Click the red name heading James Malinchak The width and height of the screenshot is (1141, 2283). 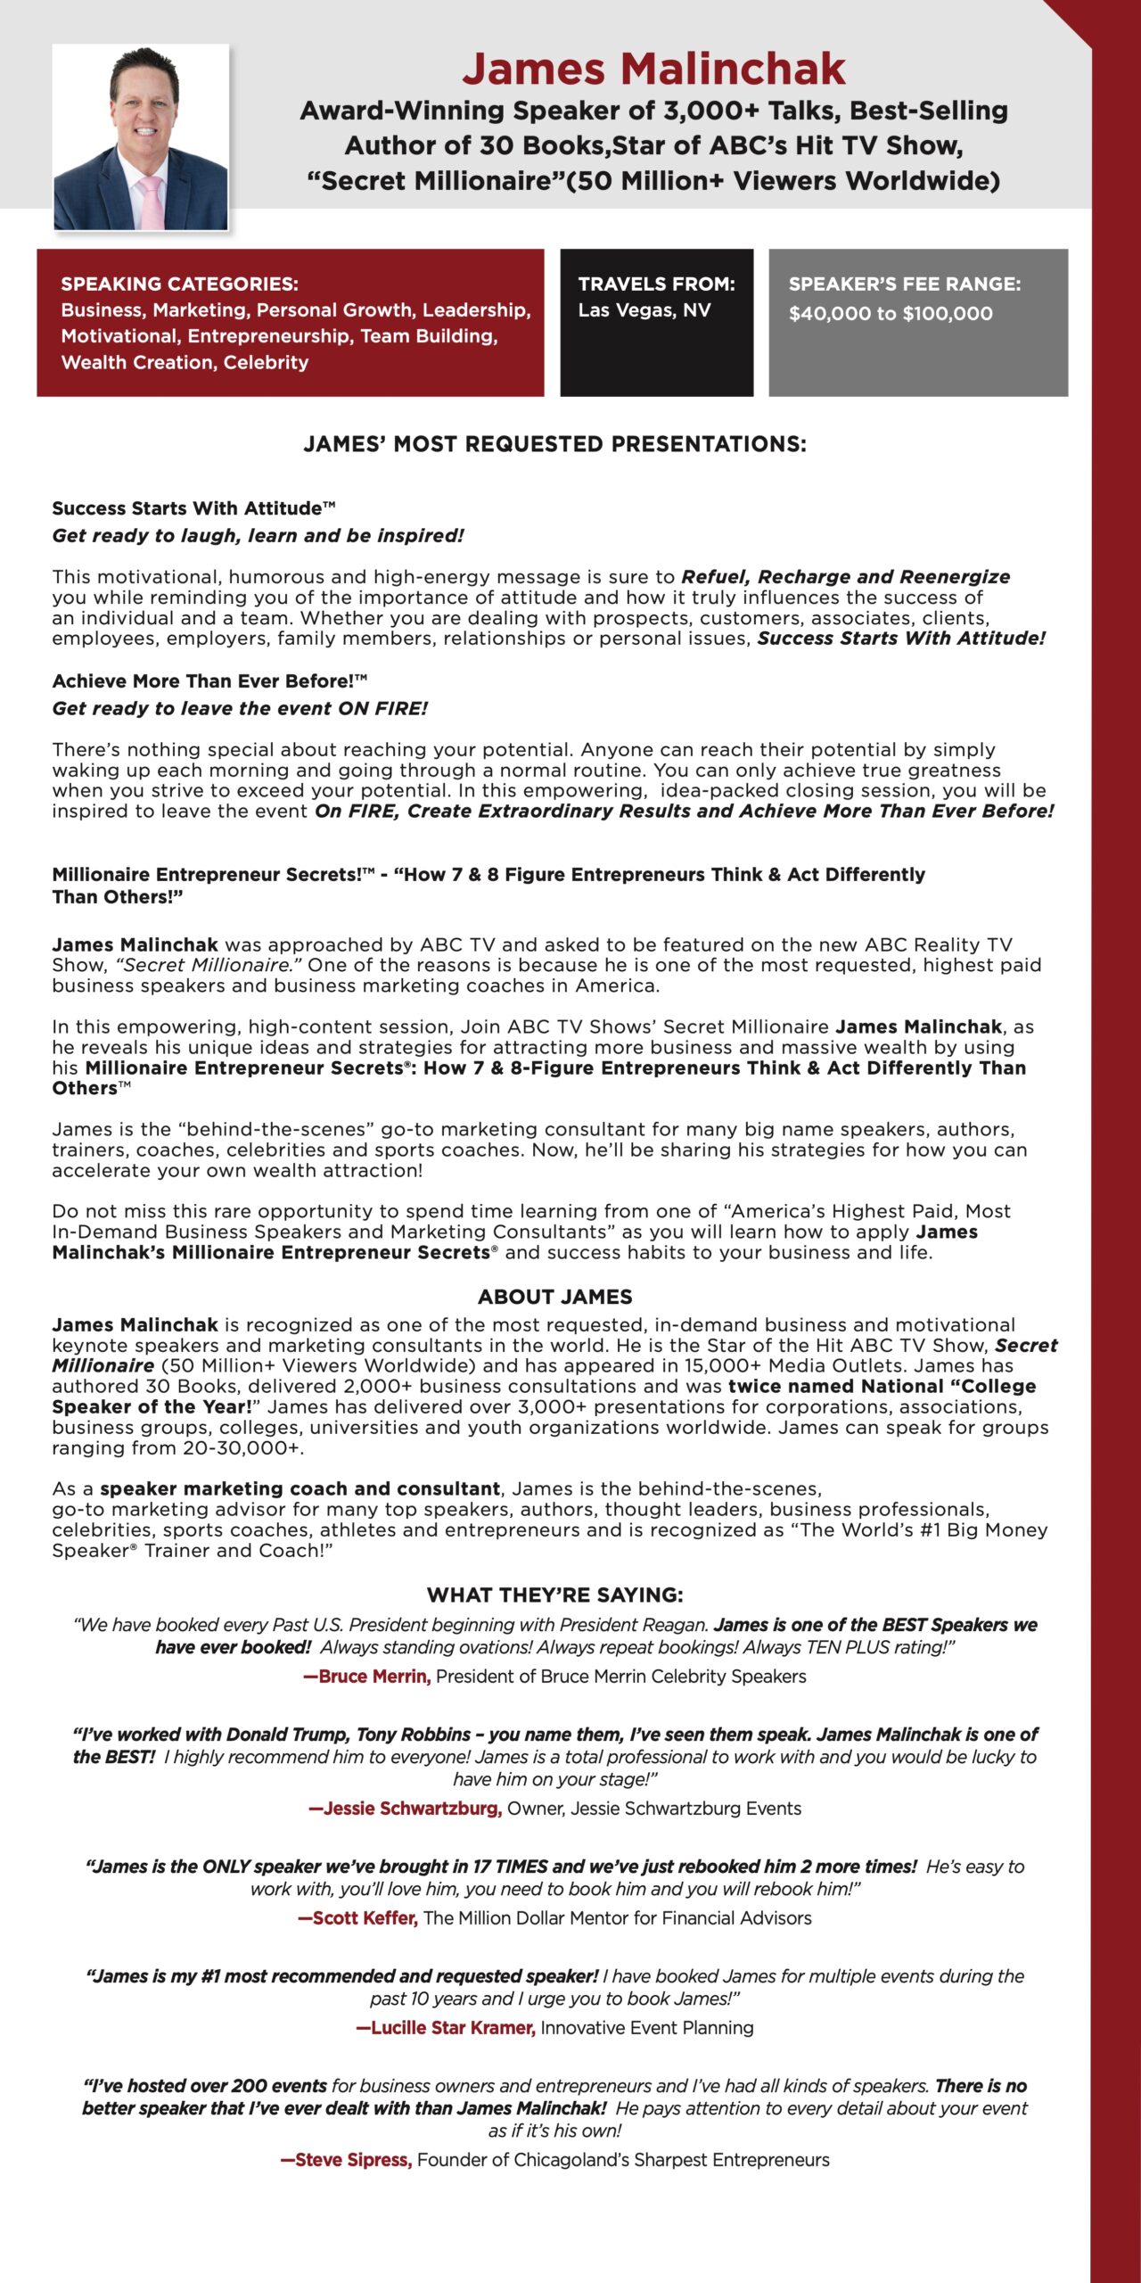653,69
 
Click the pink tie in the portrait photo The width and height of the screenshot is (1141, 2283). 151,202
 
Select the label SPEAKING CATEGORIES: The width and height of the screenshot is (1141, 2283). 179,284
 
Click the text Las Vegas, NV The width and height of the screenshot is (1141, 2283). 644,310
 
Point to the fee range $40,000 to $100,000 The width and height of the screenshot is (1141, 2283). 890,314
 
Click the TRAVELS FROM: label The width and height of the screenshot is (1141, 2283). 656,284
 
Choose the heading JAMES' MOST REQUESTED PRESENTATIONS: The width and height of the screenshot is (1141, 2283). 554,444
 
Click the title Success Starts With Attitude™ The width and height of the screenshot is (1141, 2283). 193,508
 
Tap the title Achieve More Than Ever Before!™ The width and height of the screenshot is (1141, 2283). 209,681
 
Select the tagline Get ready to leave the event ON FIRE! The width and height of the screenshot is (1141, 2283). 240,709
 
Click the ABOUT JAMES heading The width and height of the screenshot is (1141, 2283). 554,1297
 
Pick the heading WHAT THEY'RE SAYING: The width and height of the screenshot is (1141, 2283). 554,1595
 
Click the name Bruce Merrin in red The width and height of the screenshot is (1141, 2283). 367,1677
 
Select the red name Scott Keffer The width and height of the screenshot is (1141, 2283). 358,1918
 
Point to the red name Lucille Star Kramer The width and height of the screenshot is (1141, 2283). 446,2028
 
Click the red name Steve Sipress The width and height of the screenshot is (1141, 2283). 346,2160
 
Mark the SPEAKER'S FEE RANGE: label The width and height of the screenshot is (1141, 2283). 904,284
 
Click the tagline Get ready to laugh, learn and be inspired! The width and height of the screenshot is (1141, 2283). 258,536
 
